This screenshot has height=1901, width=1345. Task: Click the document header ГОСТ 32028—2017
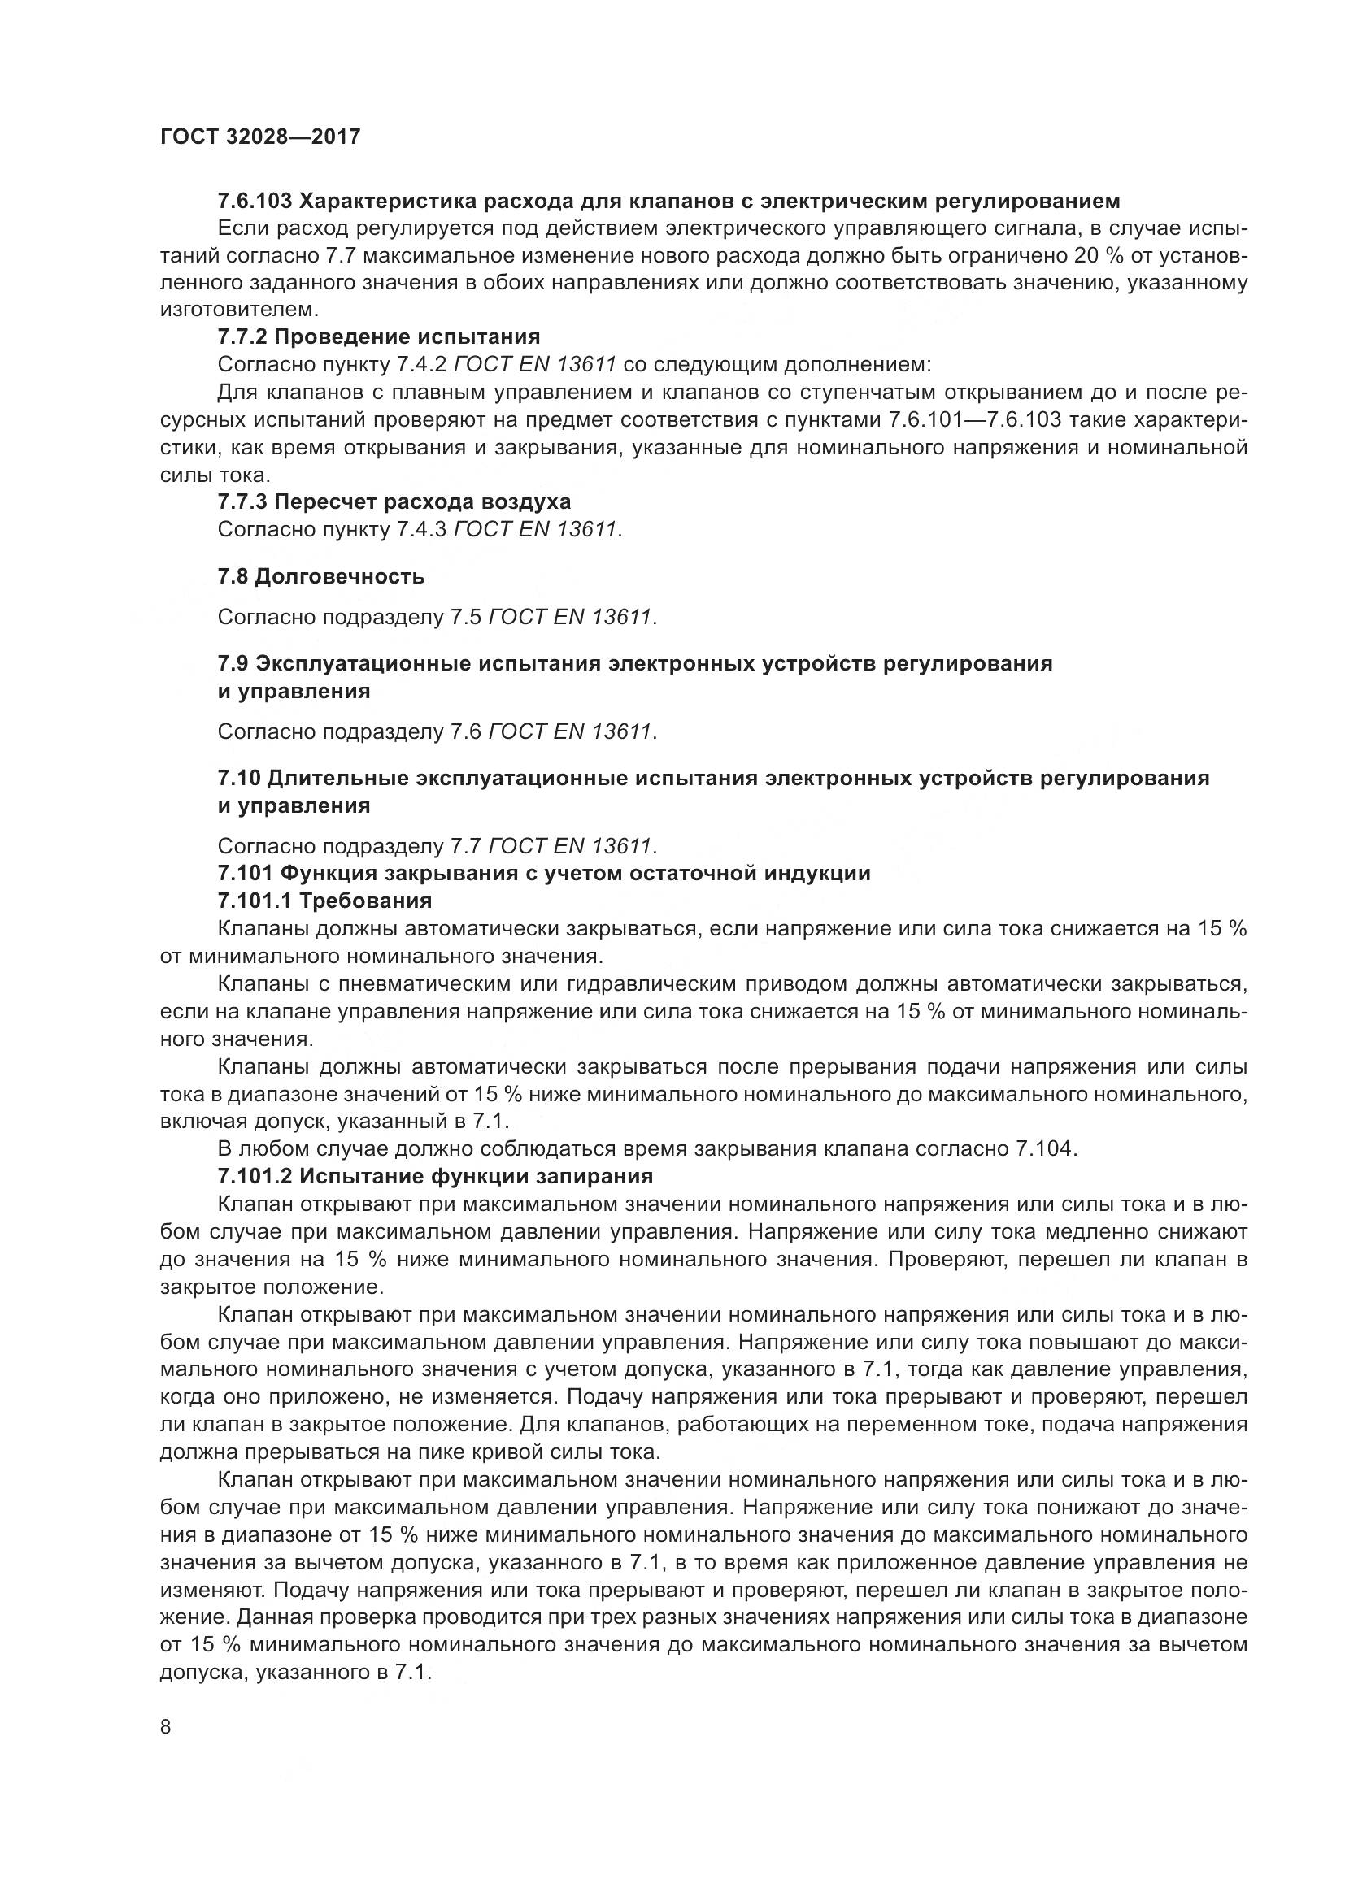coord(260,137)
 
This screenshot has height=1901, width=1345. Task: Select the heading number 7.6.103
coord(252,201)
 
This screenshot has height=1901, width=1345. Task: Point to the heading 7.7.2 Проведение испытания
coord(378,337)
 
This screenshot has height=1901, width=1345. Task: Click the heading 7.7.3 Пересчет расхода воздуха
coord(394,501)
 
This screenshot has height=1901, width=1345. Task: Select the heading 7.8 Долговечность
coord(320,576)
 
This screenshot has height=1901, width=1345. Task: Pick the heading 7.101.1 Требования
coord(324,900)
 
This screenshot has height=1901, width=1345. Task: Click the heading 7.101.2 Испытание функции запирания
coord(435,1177)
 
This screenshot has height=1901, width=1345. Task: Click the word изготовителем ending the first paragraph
coord(237,310)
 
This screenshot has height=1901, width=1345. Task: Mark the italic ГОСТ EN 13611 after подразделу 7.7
coord(571,846)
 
